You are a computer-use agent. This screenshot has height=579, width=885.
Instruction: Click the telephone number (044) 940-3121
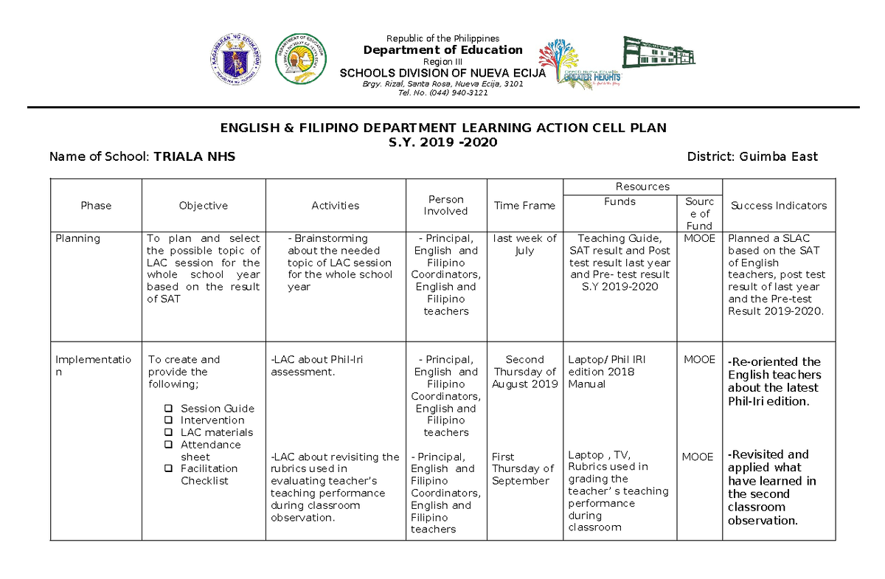coord(442,93)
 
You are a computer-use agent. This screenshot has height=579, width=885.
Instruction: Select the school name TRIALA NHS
coord(195,156)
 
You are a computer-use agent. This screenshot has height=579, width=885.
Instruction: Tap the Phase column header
coord(96,206)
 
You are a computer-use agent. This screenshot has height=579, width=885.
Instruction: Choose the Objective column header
coord(203,206)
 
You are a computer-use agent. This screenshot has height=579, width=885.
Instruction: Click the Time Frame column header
coord(524,206)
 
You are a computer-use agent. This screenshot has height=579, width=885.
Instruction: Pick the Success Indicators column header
coord(778,206)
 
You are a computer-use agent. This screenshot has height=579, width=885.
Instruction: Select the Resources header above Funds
coord(642,187)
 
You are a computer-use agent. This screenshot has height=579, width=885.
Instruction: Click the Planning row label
coord(77,238)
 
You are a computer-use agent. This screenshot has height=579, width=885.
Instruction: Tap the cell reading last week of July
coord(524,244)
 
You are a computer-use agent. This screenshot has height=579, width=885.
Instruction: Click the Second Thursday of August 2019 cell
coord(524,372)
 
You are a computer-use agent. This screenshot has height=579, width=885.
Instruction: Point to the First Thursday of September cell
coord(522,468)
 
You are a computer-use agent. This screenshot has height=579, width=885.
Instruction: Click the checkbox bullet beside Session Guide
coord(168,409)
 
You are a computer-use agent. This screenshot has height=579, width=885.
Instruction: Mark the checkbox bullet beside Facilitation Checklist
coord(168,468)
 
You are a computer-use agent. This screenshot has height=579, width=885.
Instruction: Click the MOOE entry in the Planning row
coord(699,238)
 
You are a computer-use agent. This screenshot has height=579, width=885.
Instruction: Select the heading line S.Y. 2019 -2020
coord(442,142)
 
